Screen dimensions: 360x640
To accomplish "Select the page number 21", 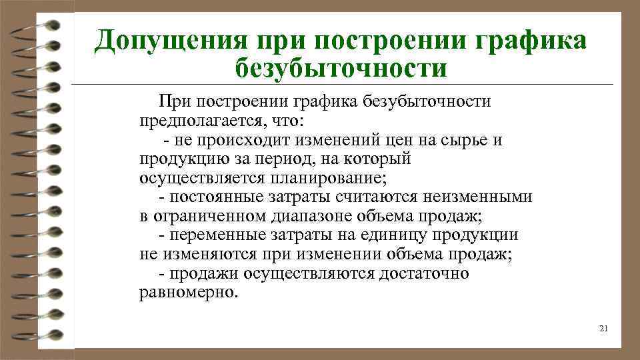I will (x=605, y=328).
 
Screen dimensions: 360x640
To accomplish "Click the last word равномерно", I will (x=187, y=293).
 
